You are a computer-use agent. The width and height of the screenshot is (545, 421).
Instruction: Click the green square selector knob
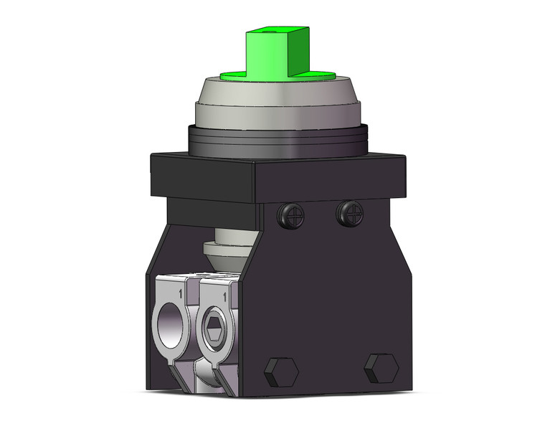(269, 52)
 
